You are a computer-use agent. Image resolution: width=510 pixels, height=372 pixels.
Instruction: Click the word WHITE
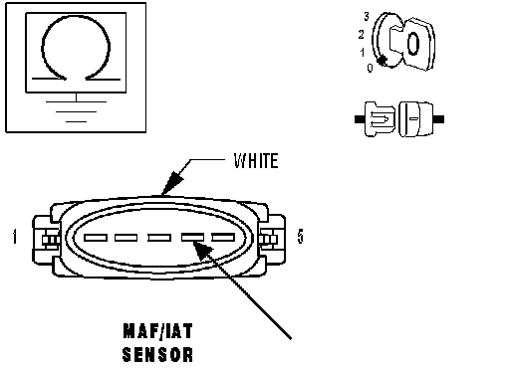[x=256, y=161]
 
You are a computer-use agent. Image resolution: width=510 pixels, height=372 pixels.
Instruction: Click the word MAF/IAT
[x=157, y=331]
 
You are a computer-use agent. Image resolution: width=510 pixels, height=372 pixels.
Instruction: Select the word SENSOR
[x=157, y=354]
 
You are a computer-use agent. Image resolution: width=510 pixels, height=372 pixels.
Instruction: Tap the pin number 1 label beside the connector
[x=15, y=237]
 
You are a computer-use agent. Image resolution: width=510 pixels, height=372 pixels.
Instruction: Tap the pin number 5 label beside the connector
[x=300, y=237]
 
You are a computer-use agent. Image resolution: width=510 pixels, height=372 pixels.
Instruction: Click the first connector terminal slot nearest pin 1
[x=96, y=238]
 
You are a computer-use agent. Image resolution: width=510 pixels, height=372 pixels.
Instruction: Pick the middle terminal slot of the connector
[x=159, y=238]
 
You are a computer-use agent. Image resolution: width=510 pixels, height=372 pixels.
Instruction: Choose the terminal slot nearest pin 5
[x=223, y=238]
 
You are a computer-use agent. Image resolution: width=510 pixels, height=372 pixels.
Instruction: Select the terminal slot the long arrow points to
[x=192, y=238]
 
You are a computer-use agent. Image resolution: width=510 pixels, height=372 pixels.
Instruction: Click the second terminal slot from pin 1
[x=126, y=238]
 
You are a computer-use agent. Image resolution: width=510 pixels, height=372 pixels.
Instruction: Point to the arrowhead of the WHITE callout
[x=171, y=183]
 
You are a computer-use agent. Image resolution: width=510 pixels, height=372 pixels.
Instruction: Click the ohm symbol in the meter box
[x=76, y=48]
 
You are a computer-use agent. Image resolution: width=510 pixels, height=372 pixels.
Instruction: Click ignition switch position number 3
[x=367, y=16]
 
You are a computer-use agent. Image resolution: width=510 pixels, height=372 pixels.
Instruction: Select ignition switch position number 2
[x=362, y=35]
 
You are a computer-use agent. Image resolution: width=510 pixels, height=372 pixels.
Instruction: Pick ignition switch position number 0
[x=370, y=68]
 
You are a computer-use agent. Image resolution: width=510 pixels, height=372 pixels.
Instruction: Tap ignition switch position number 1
[x=363, y=53]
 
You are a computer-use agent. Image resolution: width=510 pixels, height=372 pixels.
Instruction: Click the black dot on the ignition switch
[x=382, y=61]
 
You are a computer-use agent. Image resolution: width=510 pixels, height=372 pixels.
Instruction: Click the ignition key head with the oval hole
[x=417, y=44]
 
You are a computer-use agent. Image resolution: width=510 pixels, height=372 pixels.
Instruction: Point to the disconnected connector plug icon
[x=399, y=119]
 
